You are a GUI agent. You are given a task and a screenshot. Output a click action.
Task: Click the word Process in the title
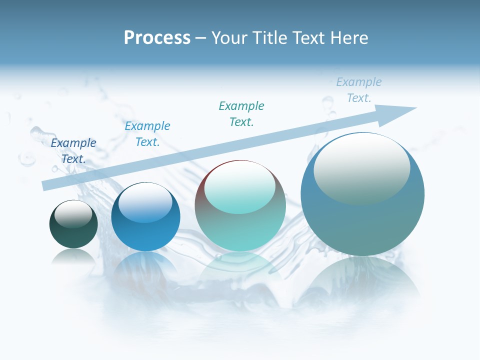coord(157,38)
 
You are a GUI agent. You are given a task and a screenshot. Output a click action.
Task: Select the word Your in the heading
coord(230,38)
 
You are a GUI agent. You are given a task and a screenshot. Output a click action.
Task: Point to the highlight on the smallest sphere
coord(73,214)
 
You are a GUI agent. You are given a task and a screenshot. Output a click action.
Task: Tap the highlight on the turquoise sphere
coord(239,187)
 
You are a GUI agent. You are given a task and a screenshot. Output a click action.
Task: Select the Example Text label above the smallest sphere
coord(73,151)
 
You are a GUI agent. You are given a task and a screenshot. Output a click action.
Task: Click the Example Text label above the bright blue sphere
coord(147,134)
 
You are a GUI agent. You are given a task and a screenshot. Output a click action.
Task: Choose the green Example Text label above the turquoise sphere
coord(241,114)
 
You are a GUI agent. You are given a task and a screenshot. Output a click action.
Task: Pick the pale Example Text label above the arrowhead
coord(358,90)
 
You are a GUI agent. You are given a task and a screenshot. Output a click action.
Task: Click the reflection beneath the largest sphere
coord(362,280)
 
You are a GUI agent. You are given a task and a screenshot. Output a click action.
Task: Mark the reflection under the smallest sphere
coord(73,257)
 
